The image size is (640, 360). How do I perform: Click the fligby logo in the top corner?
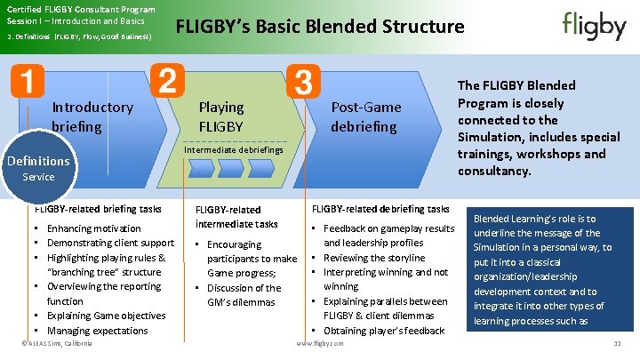[594, 26]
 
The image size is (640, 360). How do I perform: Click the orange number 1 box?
[27, 82]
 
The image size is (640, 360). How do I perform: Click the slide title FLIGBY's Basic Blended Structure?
[320, 26]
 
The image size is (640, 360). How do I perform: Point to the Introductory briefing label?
[92, 116]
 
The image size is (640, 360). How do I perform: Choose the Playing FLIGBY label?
[221, 116]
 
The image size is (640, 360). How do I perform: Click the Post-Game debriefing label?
[365, 116]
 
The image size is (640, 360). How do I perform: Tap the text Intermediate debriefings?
[234, 150]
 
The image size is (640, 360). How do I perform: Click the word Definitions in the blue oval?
[38, 161]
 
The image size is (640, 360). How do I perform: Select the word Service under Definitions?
[38, 177]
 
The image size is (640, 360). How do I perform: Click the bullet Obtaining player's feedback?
[383, 331]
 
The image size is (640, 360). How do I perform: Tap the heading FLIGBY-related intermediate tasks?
[236, 217]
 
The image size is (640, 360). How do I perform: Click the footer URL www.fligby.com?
[320, 343]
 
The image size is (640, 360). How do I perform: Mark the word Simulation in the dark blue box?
[498, 247]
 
